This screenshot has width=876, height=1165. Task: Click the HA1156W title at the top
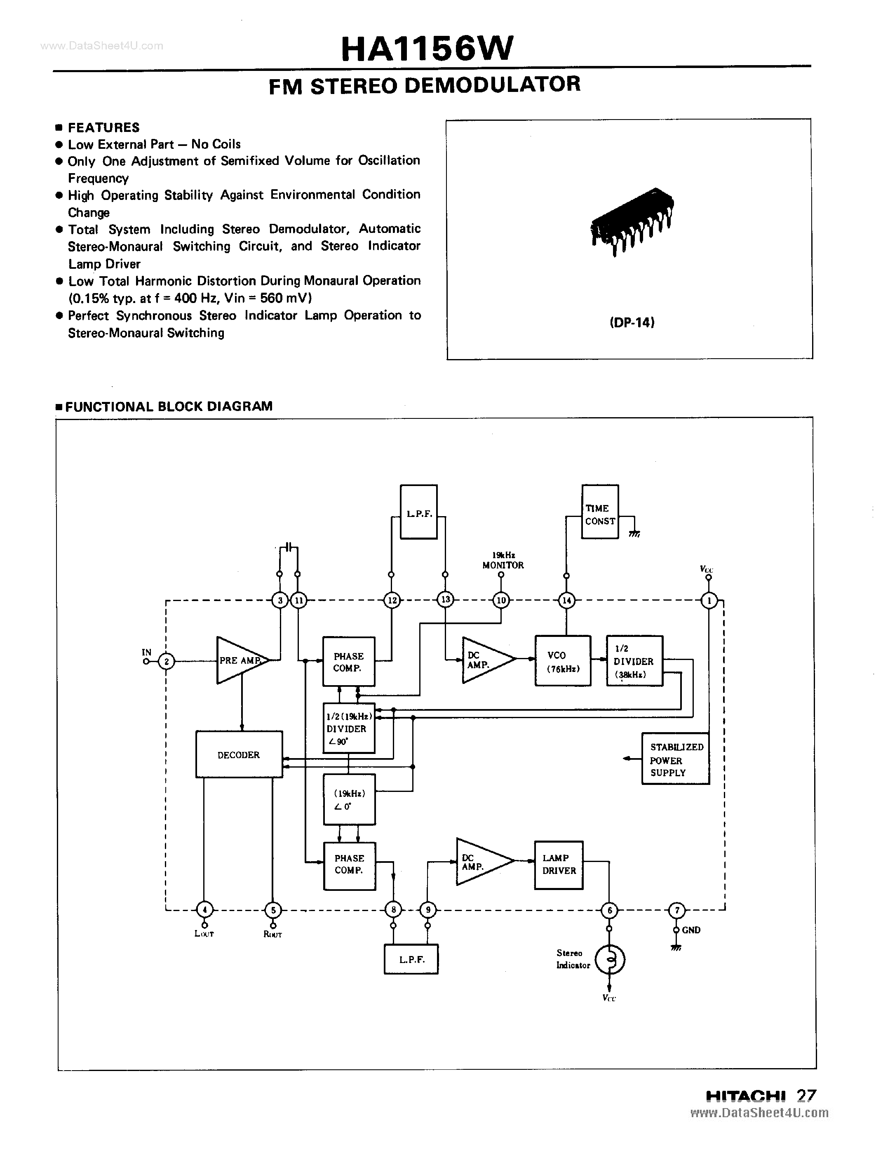[x=427, y=49]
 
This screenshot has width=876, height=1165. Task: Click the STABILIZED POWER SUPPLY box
[x=675, y=759]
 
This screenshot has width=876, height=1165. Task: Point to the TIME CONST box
[x=599, y=512]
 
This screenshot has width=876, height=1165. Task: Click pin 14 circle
[x=566, y=600]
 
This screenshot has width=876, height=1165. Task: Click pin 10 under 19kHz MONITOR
[x=501, y=600]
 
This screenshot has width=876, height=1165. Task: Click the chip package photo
[x=631, y=221]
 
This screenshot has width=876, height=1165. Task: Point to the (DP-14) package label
[x=632, y=322]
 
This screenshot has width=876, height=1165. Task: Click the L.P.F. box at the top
[x=419, y=512]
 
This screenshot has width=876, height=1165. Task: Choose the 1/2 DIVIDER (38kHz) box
[x=634, y=661]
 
